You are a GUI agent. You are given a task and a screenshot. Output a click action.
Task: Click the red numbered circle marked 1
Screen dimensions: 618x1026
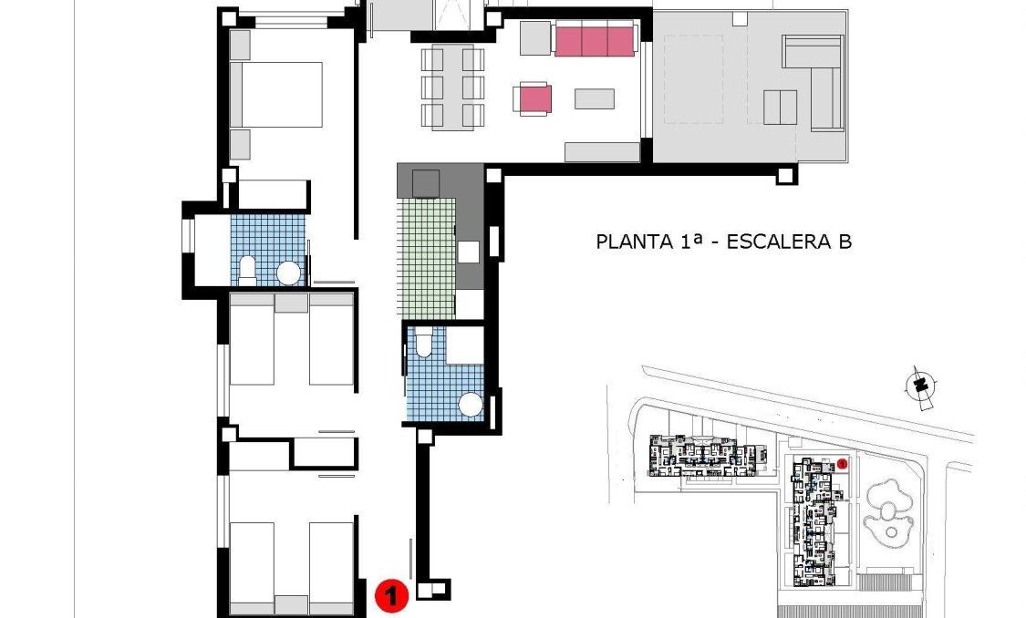[391, 597]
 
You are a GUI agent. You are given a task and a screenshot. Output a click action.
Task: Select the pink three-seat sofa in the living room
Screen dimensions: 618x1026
[594, 41]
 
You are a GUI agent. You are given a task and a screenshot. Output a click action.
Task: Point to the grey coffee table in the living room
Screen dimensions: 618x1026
[594, 98]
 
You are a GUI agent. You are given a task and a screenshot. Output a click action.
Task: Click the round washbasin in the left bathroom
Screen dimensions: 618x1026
[288, 273]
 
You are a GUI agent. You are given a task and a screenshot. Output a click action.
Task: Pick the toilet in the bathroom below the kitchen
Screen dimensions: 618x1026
[423, 344]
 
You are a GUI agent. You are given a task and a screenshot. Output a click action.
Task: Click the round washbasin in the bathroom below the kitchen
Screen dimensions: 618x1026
[471, 405]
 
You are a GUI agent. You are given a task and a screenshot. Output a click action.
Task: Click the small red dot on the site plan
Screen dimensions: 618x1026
[843, 463]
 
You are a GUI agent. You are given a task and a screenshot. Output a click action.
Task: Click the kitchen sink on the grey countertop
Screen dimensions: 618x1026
[469, 252]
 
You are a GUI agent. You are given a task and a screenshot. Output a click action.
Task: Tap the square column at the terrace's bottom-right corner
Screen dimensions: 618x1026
[785, 174]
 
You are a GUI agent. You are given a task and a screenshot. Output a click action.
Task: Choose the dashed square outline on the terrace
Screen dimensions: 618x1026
[693, 78]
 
